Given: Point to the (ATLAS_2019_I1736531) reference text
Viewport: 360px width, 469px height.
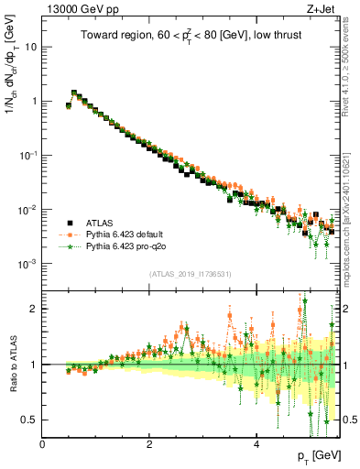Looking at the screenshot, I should click(191, 275).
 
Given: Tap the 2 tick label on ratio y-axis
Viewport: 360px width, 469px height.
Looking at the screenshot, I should click(35, 309).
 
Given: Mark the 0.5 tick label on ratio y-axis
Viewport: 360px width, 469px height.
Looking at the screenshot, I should click(30, 420).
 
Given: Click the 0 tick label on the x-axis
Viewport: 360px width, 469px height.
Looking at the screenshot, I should click(43, 443).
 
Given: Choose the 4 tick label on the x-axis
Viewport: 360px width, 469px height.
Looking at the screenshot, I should click(256, 443).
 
